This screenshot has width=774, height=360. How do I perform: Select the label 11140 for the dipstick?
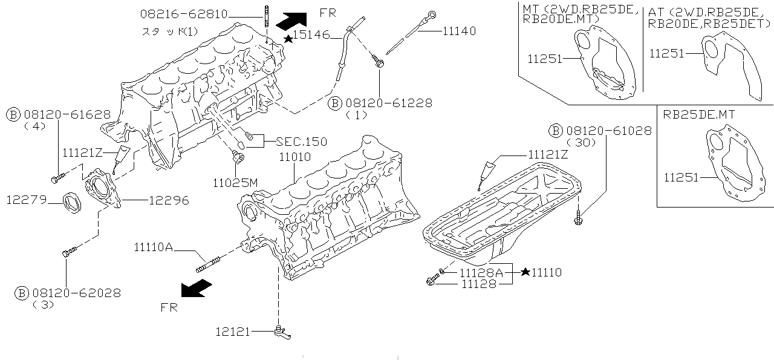[459, 31]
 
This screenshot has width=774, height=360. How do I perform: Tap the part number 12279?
[27, 199]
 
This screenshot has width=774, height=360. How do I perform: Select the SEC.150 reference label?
[301, 142]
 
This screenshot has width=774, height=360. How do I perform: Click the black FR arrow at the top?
[291, 20]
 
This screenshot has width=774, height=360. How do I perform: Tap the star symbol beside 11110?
[525, 273]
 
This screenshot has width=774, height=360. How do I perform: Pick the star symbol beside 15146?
[289, 38]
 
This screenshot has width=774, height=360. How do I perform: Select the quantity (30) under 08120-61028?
[582, 142]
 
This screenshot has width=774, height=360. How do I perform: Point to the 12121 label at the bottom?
[232, 331]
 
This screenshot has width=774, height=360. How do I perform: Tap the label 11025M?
[235, 181]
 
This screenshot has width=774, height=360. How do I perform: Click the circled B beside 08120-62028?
[21, 293]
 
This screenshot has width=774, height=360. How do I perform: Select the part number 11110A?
[153, 246]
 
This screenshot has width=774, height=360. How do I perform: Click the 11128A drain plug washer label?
[481, 272]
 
